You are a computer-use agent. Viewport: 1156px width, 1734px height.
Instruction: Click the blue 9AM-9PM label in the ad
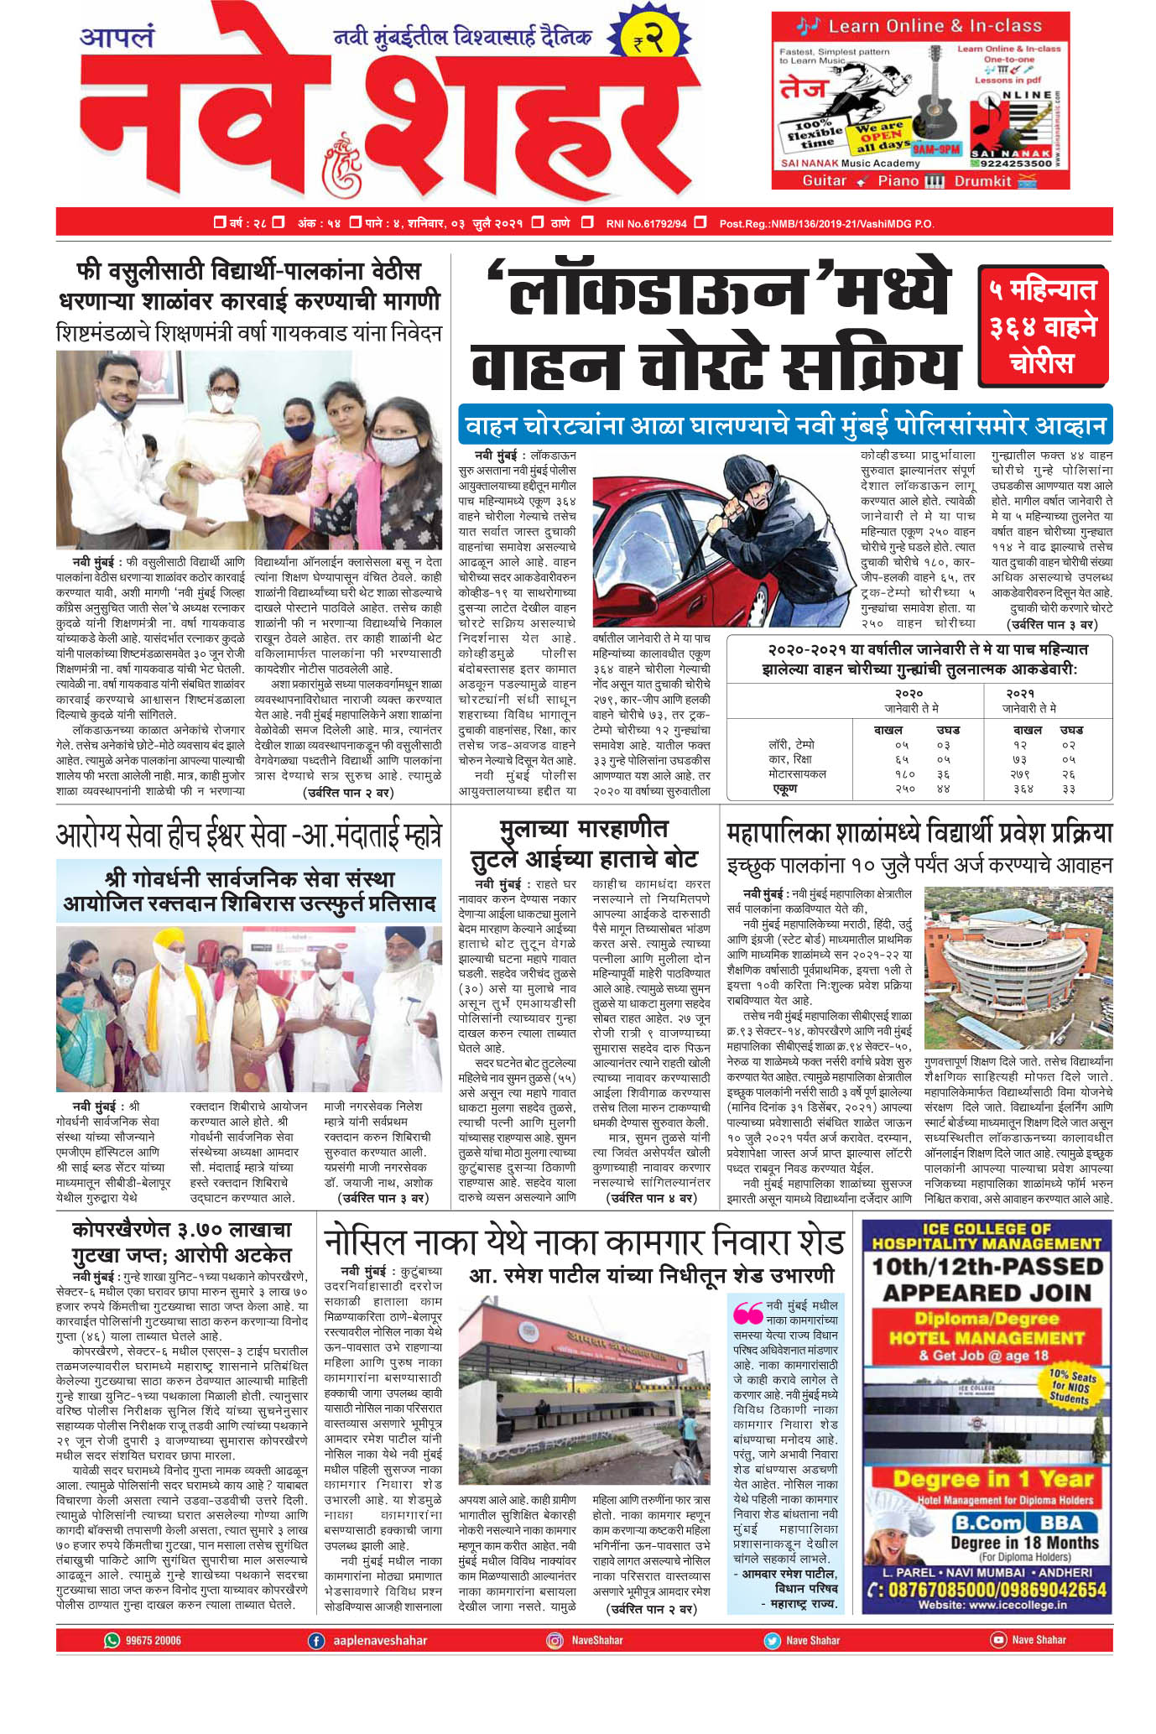point(937,148)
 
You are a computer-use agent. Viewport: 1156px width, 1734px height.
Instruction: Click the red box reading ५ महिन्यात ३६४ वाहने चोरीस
point(1043,325)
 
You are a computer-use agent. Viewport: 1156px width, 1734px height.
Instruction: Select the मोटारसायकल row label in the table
point(797,773)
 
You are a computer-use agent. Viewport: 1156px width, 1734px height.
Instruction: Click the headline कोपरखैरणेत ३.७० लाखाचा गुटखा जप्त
point(181,1242)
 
